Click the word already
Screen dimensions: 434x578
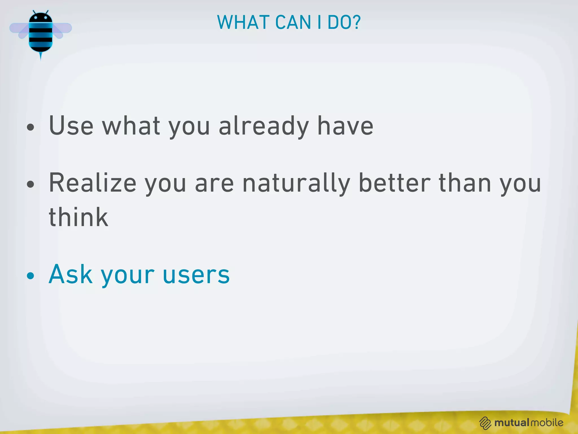point(264,126)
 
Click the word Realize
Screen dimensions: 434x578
point(93,183)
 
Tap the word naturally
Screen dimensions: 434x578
point(296,183)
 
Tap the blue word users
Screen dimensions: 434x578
point(196,275)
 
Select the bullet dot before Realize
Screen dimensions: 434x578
point(30,185)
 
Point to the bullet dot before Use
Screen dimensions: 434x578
point(30,127)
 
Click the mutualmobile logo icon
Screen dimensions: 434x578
point(485,423)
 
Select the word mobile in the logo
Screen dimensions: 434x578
point(547,422)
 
